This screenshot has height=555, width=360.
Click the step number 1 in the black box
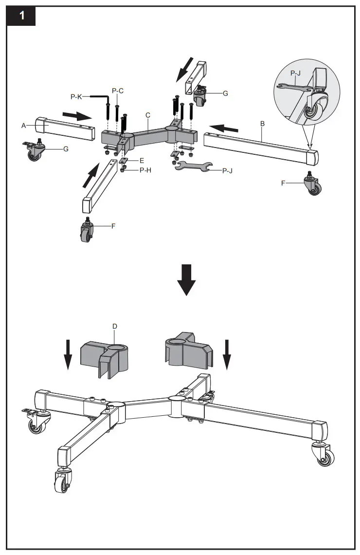pos(21,16)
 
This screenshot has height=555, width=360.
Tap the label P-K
pos(76,97)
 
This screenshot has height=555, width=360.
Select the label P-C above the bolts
pos(118,91)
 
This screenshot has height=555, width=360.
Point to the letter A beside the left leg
pos(23,125)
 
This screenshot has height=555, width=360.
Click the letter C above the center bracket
pos(148,114)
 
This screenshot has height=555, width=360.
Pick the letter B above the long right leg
pos(262,124)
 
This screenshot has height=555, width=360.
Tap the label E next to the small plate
pos(142,160)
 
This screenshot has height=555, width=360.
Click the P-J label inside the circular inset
pos(296,73)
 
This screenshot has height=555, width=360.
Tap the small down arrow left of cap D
pos(68,354)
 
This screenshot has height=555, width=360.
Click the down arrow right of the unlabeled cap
pos(226,354)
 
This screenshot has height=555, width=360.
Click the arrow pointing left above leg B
pos(227,129)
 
